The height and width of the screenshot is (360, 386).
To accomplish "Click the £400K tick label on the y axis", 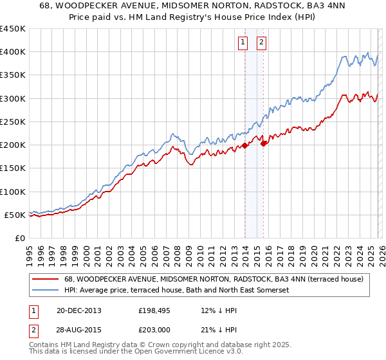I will click(13, 52).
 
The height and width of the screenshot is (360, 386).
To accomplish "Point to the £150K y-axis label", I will click(13, 168).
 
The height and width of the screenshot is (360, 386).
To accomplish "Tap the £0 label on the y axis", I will click(19, 239).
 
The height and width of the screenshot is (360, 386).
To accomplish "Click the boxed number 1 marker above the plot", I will click(243, 43).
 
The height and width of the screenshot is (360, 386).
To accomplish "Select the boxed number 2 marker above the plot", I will click(262, 43).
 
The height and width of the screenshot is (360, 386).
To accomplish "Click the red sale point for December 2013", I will click(244, 146).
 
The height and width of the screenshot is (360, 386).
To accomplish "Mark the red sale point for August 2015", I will click(264, 143).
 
